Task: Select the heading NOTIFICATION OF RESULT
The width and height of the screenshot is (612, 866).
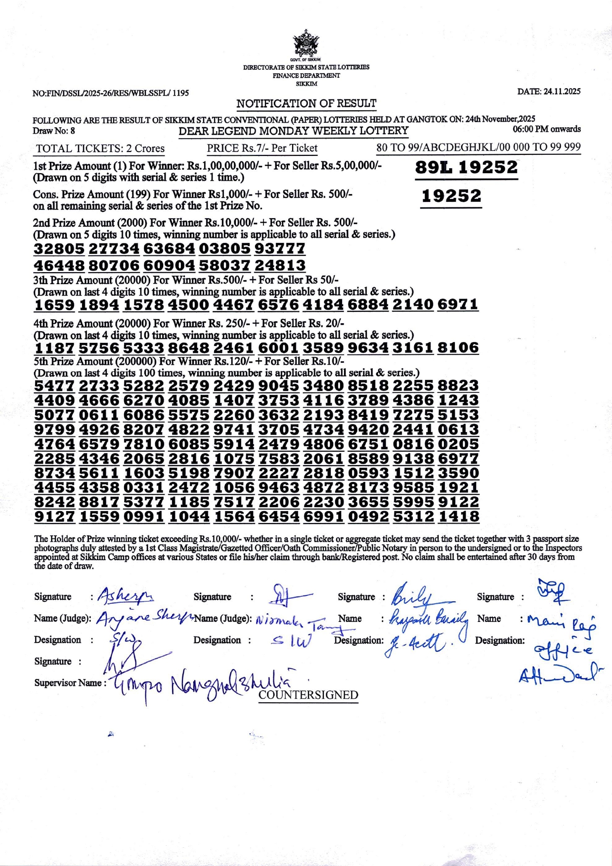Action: pyautogui.click(x=306, y=103)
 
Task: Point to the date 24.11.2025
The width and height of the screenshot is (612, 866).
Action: pyautogui.click(x=549, y=92)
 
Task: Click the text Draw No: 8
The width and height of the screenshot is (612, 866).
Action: pyautogui.click(x=54, y=131)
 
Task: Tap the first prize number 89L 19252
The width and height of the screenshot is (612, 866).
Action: pyautogui.click(x=466, y=167)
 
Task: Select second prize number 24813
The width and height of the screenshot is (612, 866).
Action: pyautogui.click(x=280, y=265)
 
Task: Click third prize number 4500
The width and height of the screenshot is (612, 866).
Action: pyautogui.click(x=189, y=305)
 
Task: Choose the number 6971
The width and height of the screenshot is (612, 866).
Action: pyautogui.click(x=458, y=305)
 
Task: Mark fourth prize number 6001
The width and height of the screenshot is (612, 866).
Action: pyautogui.click(x=278, y=348)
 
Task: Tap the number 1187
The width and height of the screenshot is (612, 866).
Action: pyautogui.click(x=54, y=348)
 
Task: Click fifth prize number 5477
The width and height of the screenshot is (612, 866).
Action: pyautogui.click(x=54, y=385)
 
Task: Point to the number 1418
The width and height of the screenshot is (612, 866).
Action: pyautogui.click(x=458, y=517)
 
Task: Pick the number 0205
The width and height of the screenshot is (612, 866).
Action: pyautogui.click(x=458, y=444)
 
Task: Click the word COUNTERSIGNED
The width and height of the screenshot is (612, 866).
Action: pyautogui.click(x=308, y=695)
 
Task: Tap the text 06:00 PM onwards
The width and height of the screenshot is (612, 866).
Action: pyautogui.click(x=546, y=129)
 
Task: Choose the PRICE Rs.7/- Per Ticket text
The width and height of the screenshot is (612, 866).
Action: pyautogui.click(x=262, y=148)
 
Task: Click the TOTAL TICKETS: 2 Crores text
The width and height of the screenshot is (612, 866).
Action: pyautogui.click(x=100, y=148)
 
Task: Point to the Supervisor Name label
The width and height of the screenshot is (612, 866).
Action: pyautogui.click(x=68, y=683)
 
